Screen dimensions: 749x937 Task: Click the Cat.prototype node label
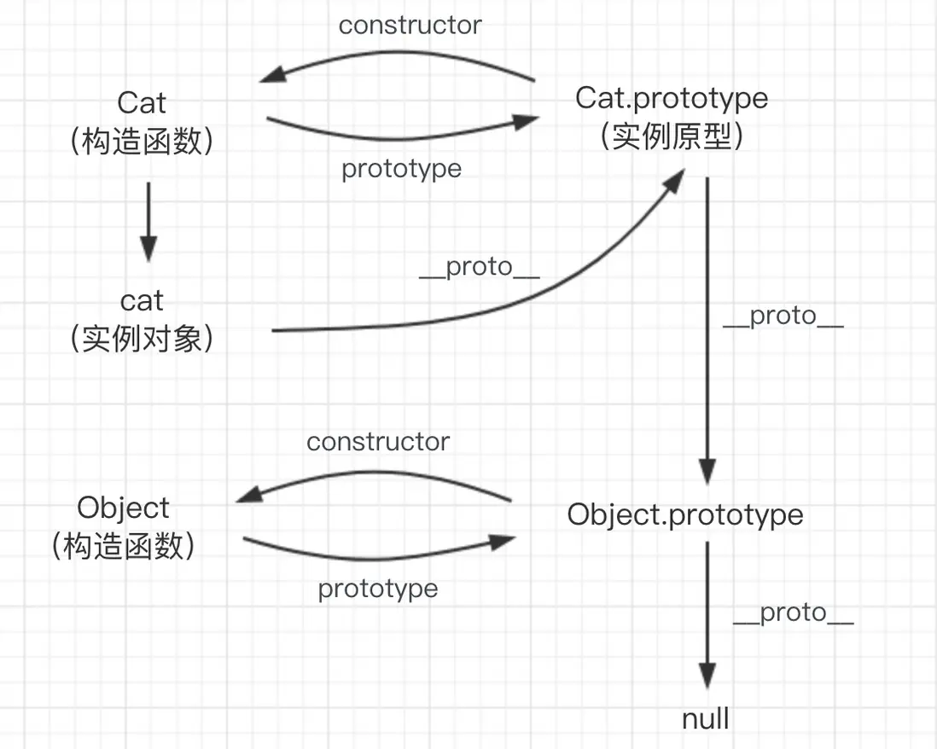click(672, 98)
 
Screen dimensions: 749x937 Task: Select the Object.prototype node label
click(685, 514)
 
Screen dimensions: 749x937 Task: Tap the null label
click(706, 718)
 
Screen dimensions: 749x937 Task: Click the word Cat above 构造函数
click(142, 102)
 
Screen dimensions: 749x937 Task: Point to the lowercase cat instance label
click(142, 300)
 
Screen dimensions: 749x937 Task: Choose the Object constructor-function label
click(124, 508)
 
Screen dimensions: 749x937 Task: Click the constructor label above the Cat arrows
click(410, 25)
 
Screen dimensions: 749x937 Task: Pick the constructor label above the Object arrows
click(378, 441)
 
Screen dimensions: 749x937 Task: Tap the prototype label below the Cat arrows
click(401, 169)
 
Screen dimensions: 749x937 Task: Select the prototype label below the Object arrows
click(378, 589)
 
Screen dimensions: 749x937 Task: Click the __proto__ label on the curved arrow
click(480, 267)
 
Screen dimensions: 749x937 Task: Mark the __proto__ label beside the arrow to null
click(793, 613)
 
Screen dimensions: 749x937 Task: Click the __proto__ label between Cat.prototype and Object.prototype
click(783, 316)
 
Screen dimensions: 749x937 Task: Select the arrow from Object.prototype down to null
click(707, 614)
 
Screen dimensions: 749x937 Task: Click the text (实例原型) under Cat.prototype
click(672, 136)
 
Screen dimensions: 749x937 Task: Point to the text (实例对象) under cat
click(142, 339)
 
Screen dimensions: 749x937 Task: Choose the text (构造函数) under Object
click(124, 546)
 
